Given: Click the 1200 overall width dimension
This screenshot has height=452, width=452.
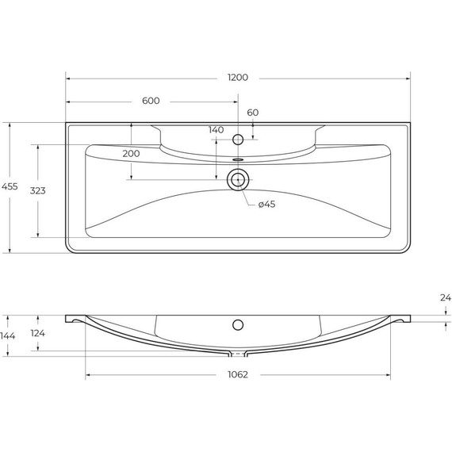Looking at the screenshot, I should [238, 78].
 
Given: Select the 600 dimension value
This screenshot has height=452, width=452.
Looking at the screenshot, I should [151, 101].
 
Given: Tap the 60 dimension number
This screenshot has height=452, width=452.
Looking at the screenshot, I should [252, 113].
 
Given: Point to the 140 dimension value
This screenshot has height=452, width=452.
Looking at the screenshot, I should [216, 130].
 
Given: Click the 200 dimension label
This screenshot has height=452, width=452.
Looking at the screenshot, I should [131, 153].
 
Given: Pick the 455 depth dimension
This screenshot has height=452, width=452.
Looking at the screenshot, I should [10, 186].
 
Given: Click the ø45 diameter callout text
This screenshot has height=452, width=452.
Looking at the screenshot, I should [266, 205].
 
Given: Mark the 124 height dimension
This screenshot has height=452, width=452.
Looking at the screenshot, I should [36, 334].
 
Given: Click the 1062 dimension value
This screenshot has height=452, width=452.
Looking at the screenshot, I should [238, 375].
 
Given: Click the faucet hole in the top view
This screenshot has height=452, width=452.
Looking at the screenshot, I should [236, 140].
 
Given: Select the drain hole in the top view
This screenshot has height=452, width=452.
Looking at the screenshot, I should [236, 180].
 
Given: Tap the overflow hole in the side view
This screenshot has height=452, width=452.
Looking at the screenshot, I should [236, 324].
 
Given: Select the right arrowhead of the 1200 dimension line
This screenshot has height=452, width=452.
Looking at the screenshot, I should [407, 79].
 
